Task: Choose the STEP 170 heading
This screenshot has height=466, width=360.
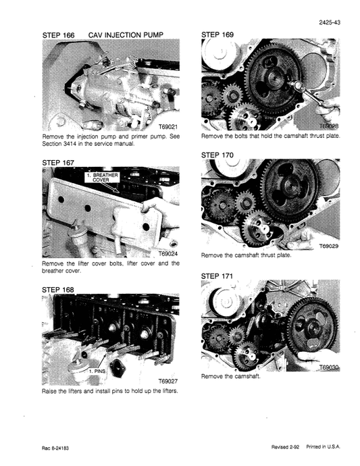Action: [x=221, y=155]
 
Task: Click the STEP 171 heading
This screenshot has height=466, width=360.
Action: [x=221, y=276]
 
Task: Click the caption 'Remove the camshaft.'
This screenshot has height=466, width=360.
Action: [x=230, y=377]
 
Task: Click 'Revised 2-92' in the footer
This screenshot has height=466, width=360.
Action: [x=278, y=448]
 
